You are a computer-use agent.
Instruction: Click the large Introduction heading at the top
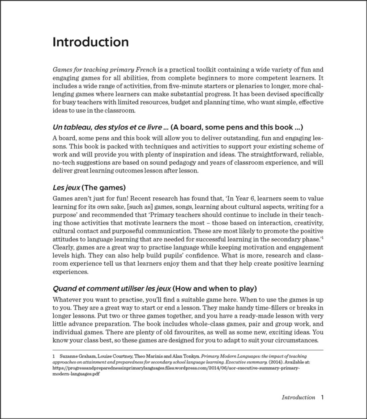pyautogui.click(x=90, y=42)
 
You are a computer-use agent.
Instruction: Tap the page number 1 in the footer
pyautogui.click(x=322, y=397)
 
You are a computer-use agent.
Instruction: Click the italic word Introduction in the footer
pyautogui.click(x=298, y=397)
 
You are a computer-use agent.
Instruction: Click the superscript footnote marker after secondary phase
pyautogui.click(x=323, y=238)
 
